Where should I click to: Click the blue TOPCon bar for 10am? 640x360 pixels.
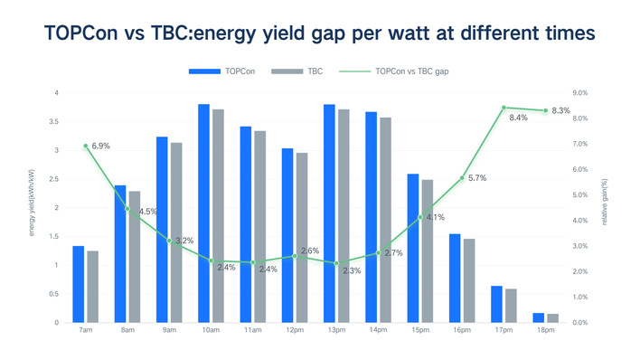click(204, 213)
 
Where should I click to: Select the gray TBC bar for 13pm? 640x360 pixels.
click(343, 215)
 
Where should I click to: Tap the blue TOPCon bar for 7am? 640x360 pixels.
click(79, 284)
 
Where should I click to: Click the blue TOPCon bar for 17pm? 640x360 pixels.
click(497, 304)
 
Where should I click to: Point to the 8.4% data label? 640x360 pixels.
click(519, 118)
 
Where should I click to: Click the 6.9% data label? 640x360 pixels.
click(101, 146)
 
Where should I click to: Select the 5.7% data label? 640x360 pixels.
click(477, 178)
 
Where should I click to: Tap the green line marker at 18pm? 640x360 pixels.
click(545, 110)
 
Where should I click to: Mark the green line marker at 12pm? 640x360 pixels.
click(295, 256)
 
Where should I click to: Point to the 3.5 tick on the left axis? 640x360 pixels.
click(56, 121)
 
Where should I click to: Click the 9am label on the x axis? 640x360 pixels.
click(168, 331)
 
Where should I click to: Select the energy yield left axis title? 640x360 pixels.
click(33, 207)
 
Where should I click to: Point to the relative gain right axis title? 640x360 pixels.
click(605, 207)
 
